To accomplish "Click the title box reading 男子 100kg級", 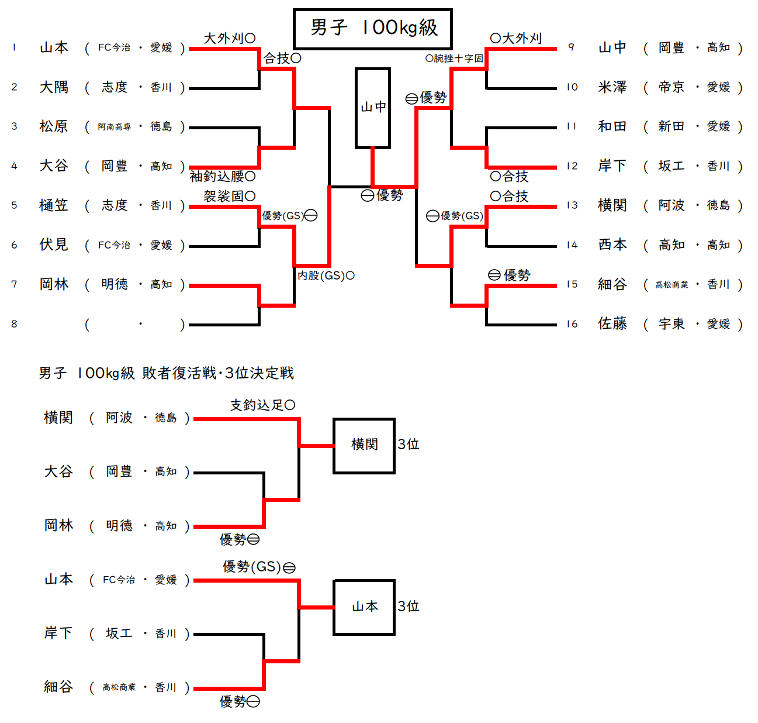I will click(372, 28).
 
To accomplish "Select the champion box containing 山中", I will click(373, 108).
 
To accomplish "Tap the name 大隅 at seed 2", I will click(54, 87).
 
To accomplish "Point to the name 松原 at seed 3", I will click(54, 126).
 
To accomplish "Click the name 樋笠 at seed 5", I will click(54, 205).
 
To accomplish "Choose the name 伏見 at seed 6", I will click(54, 245).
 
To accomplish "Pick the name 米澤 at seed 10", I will click(612, 87).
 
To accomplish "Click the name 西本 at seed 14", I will click(612, 245).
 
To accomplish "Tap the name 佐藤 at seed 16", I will click(612, 323).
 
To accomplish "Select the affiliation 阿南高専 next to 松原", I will click(114, 127).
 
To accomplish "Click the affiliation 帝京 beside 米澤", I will click(671, 87).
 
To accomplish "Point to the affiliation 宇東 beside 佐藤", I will click(671, 323).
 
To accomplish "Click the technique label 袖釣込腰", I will click(217, 176).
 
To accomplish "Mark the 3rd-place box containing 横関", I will click(364, 445).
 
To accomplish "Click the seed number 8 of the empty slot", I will click(14, 323).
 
